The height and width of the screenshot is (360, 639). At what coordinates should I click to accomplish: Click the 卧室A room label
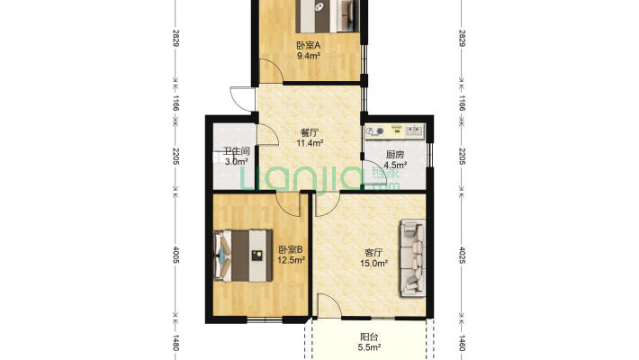point(308,45)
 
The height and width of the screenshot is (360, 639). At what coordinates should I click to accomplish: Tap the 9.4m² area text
point(308,56)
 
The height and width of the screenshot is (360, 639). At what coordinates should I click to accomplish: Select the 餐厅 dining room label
point(310,132)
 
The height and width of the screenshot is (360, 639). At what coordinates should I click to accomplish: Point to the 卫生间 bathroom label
point(236,151)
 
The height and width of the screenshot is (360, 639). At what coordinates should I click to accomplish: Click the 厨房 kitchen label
point(395,155)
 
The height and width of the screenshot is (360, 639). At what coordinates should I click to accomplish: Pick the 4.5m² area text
point(395,165)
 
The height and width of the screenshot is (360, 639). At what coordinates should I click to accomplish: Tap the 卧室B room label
point(291,249)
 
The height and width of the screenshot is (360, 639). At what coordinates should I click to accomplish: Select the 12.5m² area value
point(291,260)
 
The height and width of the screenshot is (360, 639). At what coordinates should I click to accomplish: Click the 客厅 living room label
point(373,253)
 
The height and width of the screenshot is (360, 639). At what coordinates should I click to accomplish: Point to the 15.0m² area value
point(373,264)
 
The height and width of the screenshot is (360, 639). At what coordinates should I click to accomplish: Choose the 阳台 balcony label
point(369,337)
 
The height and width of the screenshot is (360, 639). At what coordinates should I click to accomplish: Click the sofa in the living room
point(413,258)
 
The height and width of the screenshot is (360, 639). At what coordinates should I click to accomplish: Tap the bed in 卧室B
point(243,256)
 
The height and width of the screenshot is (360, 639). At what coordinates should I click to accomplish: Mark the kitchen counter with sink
point(395,131)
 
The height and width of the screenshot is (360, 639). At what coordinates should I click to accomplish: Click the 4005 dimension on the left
point(176,255)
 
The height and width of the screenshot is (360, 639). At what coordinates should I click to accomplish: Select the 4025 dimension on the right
point(462,255)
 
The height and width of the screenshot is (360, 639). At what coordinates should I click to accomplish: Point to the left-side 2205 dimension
point(176,157)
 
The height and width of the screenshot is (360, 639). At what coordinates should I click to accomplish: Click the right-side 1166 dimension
point(462,103)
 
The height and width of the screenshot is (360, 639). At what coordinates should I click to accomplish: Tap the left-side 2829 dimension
point(176,38)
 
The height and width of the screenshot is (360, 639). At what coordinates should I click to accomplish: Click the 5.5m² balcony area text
point(369,347)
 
